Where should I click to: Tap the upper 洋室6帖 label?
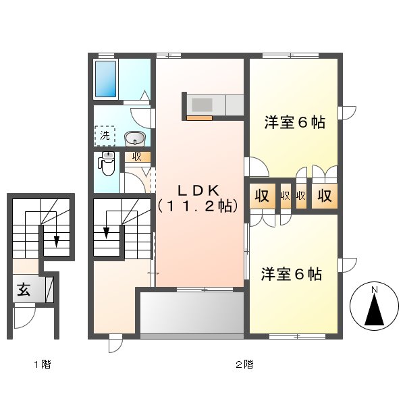click(295, 123)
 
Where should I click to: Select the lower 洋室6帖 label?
click(292, 274)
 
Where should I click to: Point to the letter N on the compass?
click(373, 290)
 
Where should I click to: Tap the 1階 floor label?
click(43, 364)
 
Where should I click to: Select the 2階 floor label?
click(244, 364)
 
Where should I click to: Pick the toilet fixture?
click(107, 162)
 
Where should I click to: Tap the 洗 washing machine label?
click(105, 136)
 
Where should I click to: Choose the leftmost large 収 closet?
click(261, 196)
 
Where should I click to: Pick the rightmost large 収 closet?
click(325, 196)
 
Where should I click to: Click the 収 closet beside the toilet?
click(136, 157)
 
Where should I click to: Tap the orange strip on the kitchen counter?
click(199, 118)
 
